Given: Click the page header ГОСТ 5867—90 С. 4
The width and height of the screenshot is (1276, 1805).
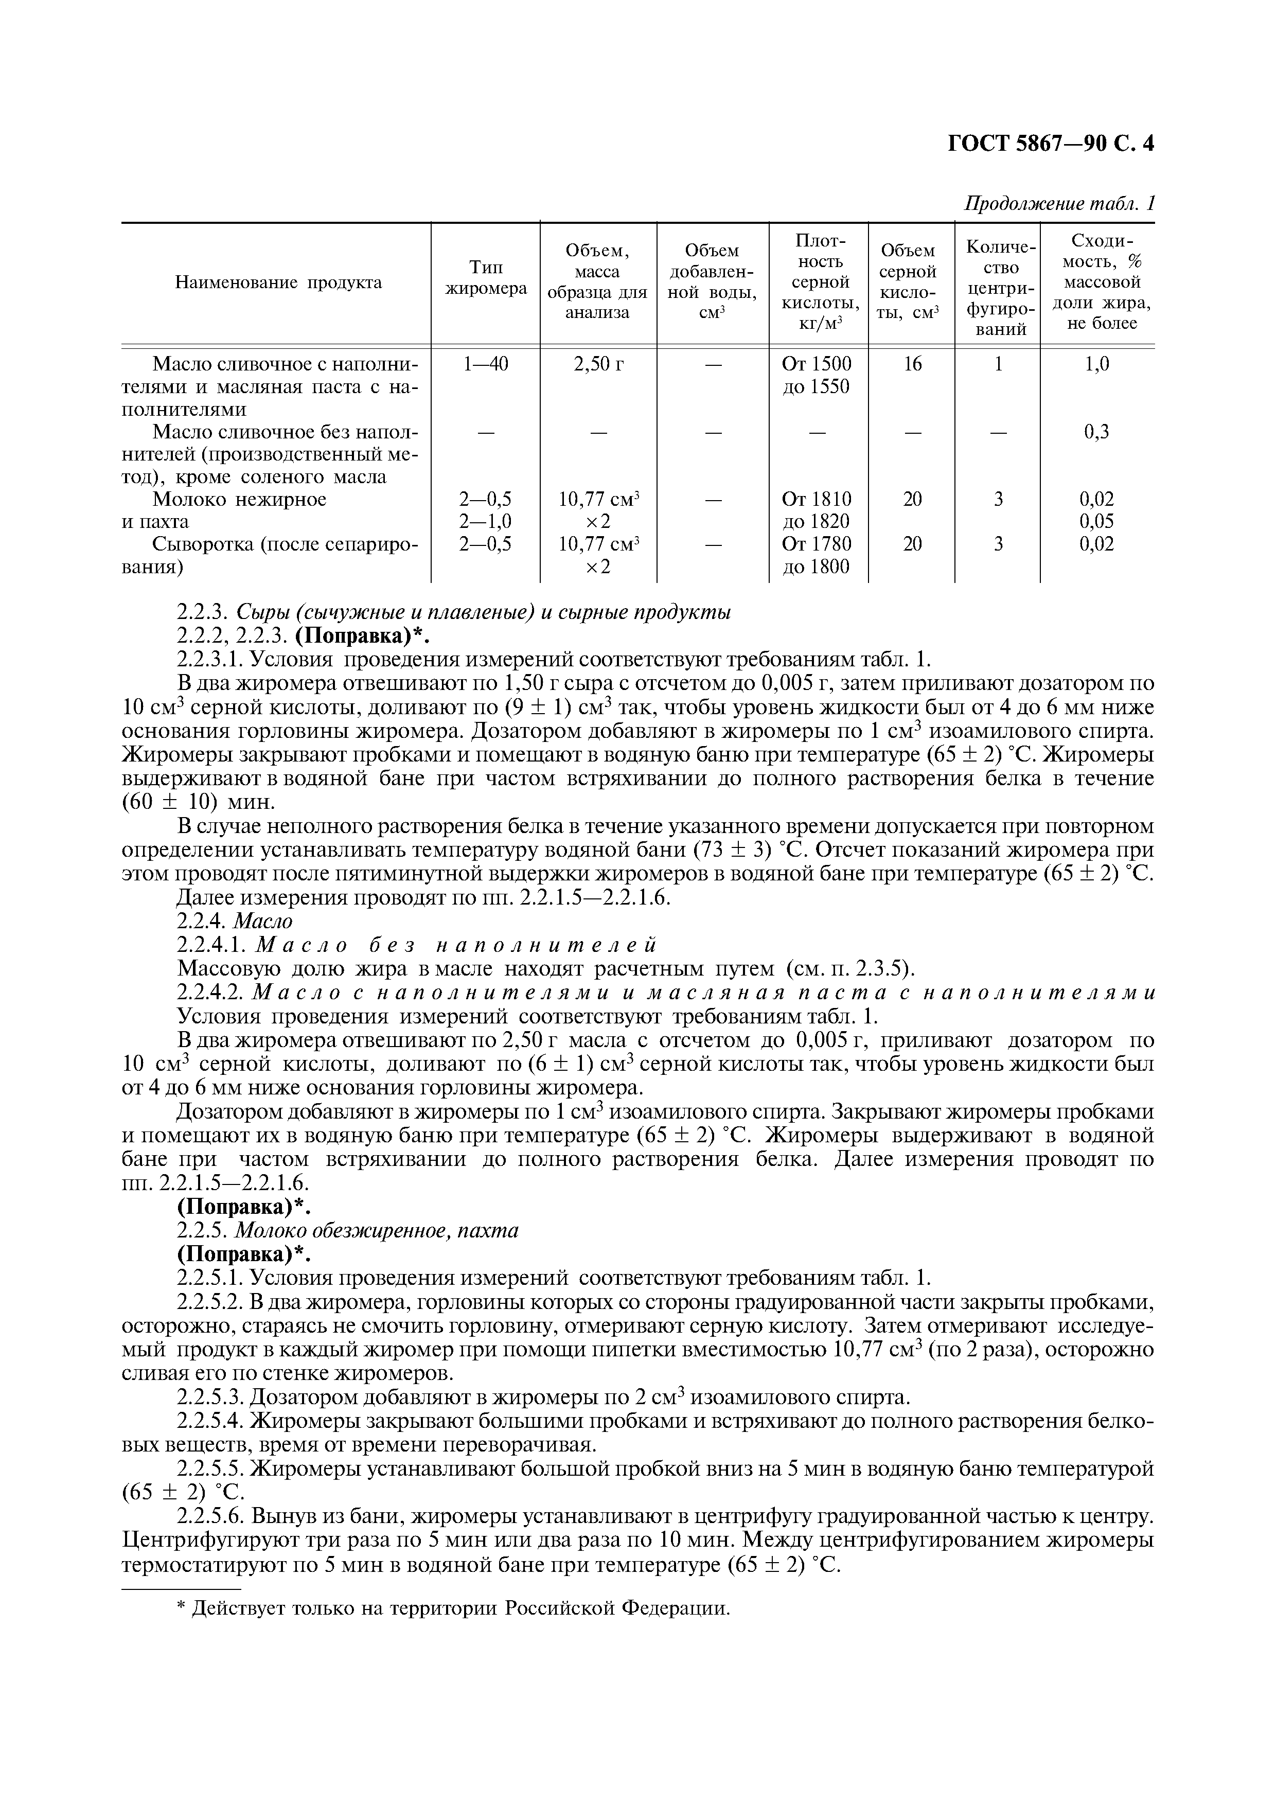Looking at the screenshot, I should (x=1050, y=144).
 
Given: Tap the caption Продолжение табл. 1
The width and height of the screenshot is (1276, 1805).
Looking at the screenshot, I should (x=1059, y=204).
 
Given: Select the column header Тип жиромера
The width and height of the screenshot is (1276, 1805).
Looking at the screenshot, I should (x=486, y=278).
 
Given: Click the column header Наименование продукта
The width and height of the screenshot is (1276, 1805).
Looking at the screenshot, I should (x=278, y=282).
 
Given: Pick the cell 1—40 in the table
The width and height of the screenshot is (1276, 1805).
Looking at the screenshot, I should (x=486, y=364).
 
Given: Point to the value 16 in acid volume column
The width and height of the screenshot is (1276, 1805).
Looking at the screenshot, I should (x=912, y=364).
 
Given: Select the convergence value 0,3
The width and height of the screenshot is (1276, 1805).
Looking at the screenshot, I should (x=1097, y=432).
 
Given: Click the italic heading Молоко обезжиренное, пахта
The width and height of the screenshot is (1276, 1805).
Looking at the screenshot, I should (x=377, y=1230).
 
